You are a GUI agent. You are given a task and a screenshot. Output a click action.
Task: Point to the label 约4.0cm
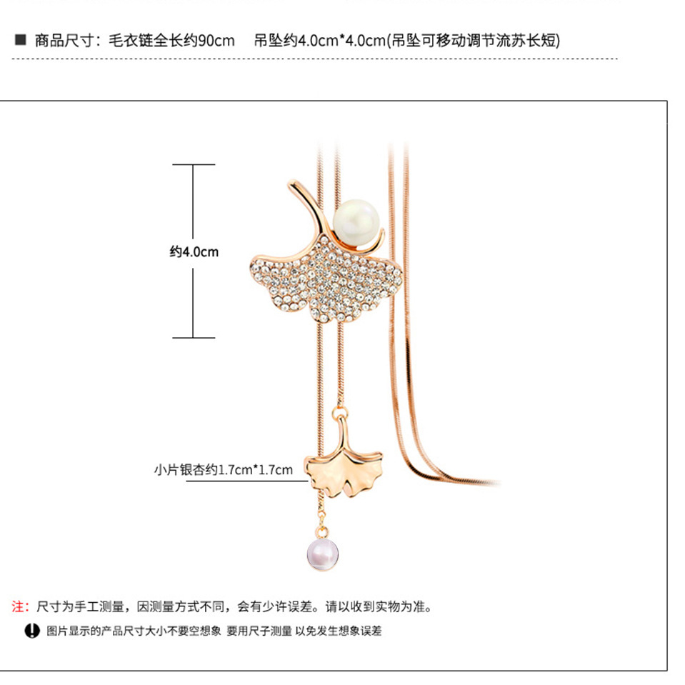point(194,251)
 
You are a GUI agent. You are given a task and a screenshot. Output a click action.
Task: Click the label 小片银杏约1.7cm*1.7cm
point(224,469)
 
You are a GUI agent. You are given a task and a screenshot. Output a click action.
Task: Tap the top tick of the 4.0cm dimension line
point(193,165)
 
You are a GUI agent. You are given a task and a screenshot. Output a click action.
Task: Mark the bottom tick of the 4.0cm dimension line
point(193,338)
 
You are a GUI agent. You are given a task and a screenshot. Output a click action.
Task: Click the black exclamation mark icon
point(31,631)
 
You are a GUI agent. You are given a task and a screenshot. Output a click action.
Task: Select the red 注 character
point(19,607)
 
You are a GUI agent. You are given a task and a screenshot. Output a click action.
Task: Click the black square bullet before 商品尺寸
point(20,40)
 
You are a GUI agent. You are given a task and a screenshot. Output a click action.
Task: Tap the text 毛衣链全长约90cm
point(171,40)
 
